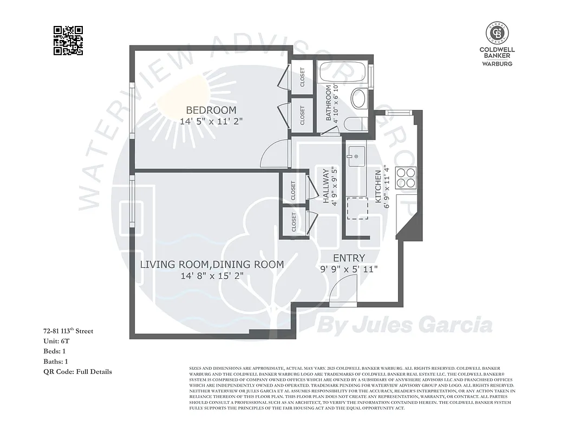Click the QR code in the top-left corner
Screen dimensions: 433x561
point(68,41)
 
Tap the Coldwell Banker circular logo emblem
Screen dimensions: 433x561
point(497,33)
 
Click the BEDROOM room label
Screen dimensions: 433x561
point(211,110)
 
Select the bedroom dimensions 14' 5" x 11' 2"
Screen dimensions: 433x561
point(211,122)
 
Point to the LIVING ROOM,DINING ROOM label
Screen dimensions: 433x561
point(212,264)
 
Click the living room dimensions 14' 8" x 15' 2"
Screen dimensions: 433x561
point(212,276)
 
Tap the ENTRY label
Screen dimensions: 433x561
point(349,258)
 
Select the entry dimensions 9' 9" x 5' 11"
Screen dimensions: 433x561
point(349,269)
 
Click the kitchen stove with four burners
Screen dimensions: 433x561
point(406,178)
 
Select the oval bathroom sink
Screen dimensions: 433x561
point(358,99)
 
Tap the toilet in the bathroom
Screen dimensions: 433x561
point(355,124)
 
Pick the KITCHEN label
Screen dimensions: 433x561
point(379,187)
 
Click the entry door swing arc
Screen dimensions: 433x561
point(343,287)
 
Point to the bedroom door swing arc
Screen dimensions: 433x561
point(275,154)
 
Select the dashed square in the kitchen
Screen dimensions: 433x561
point(357,208)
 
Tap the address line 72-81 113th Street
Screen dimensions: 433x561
point(68,331)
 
